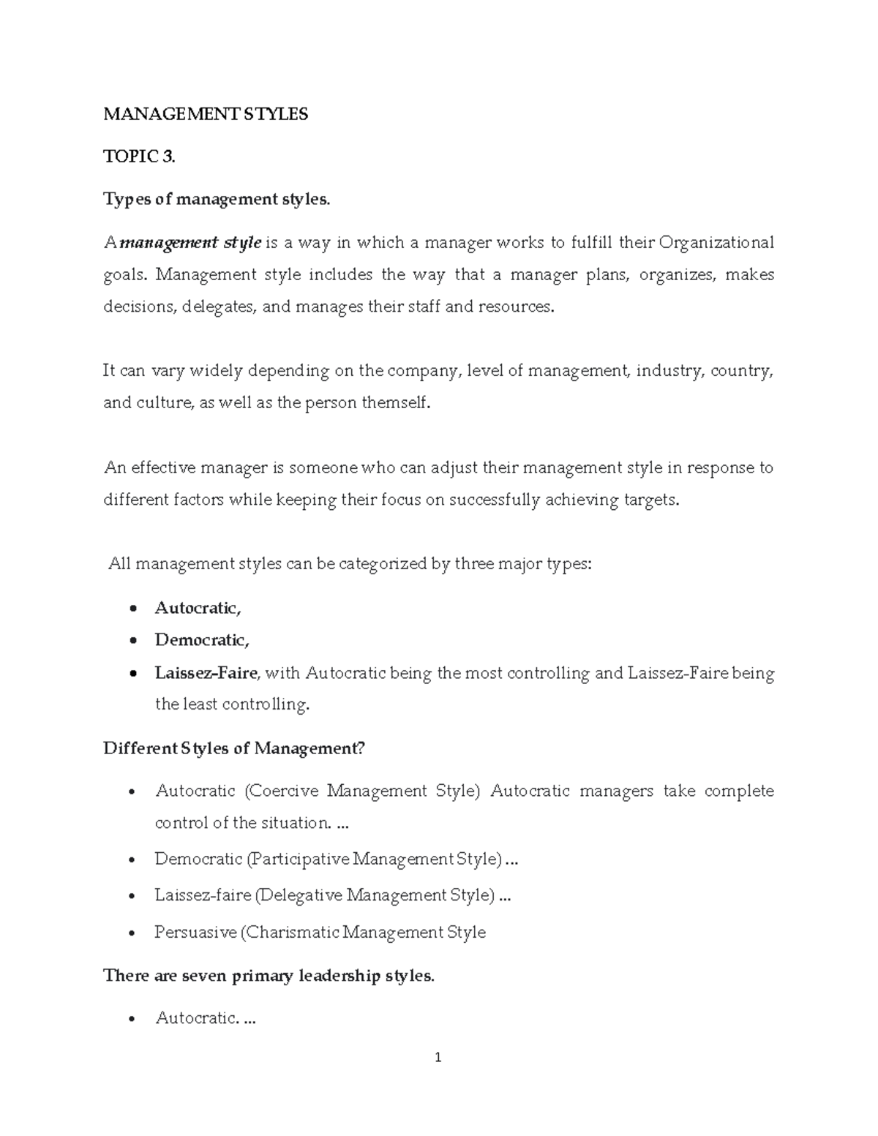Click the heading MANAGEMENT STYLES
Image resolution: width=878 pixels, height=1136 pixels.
pyautogui.click(x=206, y=114)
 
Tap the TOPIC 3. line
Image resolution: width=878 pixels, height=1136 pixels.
pyautogui.click(x=139, y=157)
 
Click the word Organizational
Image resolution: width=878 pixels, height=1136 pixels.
pyautogui.click(x=716, y=242)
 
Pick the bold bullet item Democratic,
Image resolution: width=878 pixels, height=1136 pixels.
pyautogui.click(x=202, y=640)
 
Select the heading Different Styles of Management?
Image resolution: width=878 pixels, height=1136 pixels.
pyautogui.click(x=234, y=748)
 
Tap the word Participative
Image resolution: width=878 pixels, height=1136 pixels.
pyautogui.click(x=299, y=859)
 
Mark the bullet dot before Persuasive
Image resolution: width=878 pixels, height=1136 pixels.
pyautogui.click(x=131, y=933)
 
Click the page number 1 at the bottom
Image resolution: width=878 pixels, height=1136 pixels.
pyautogui.click(x=438, y=1057)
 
